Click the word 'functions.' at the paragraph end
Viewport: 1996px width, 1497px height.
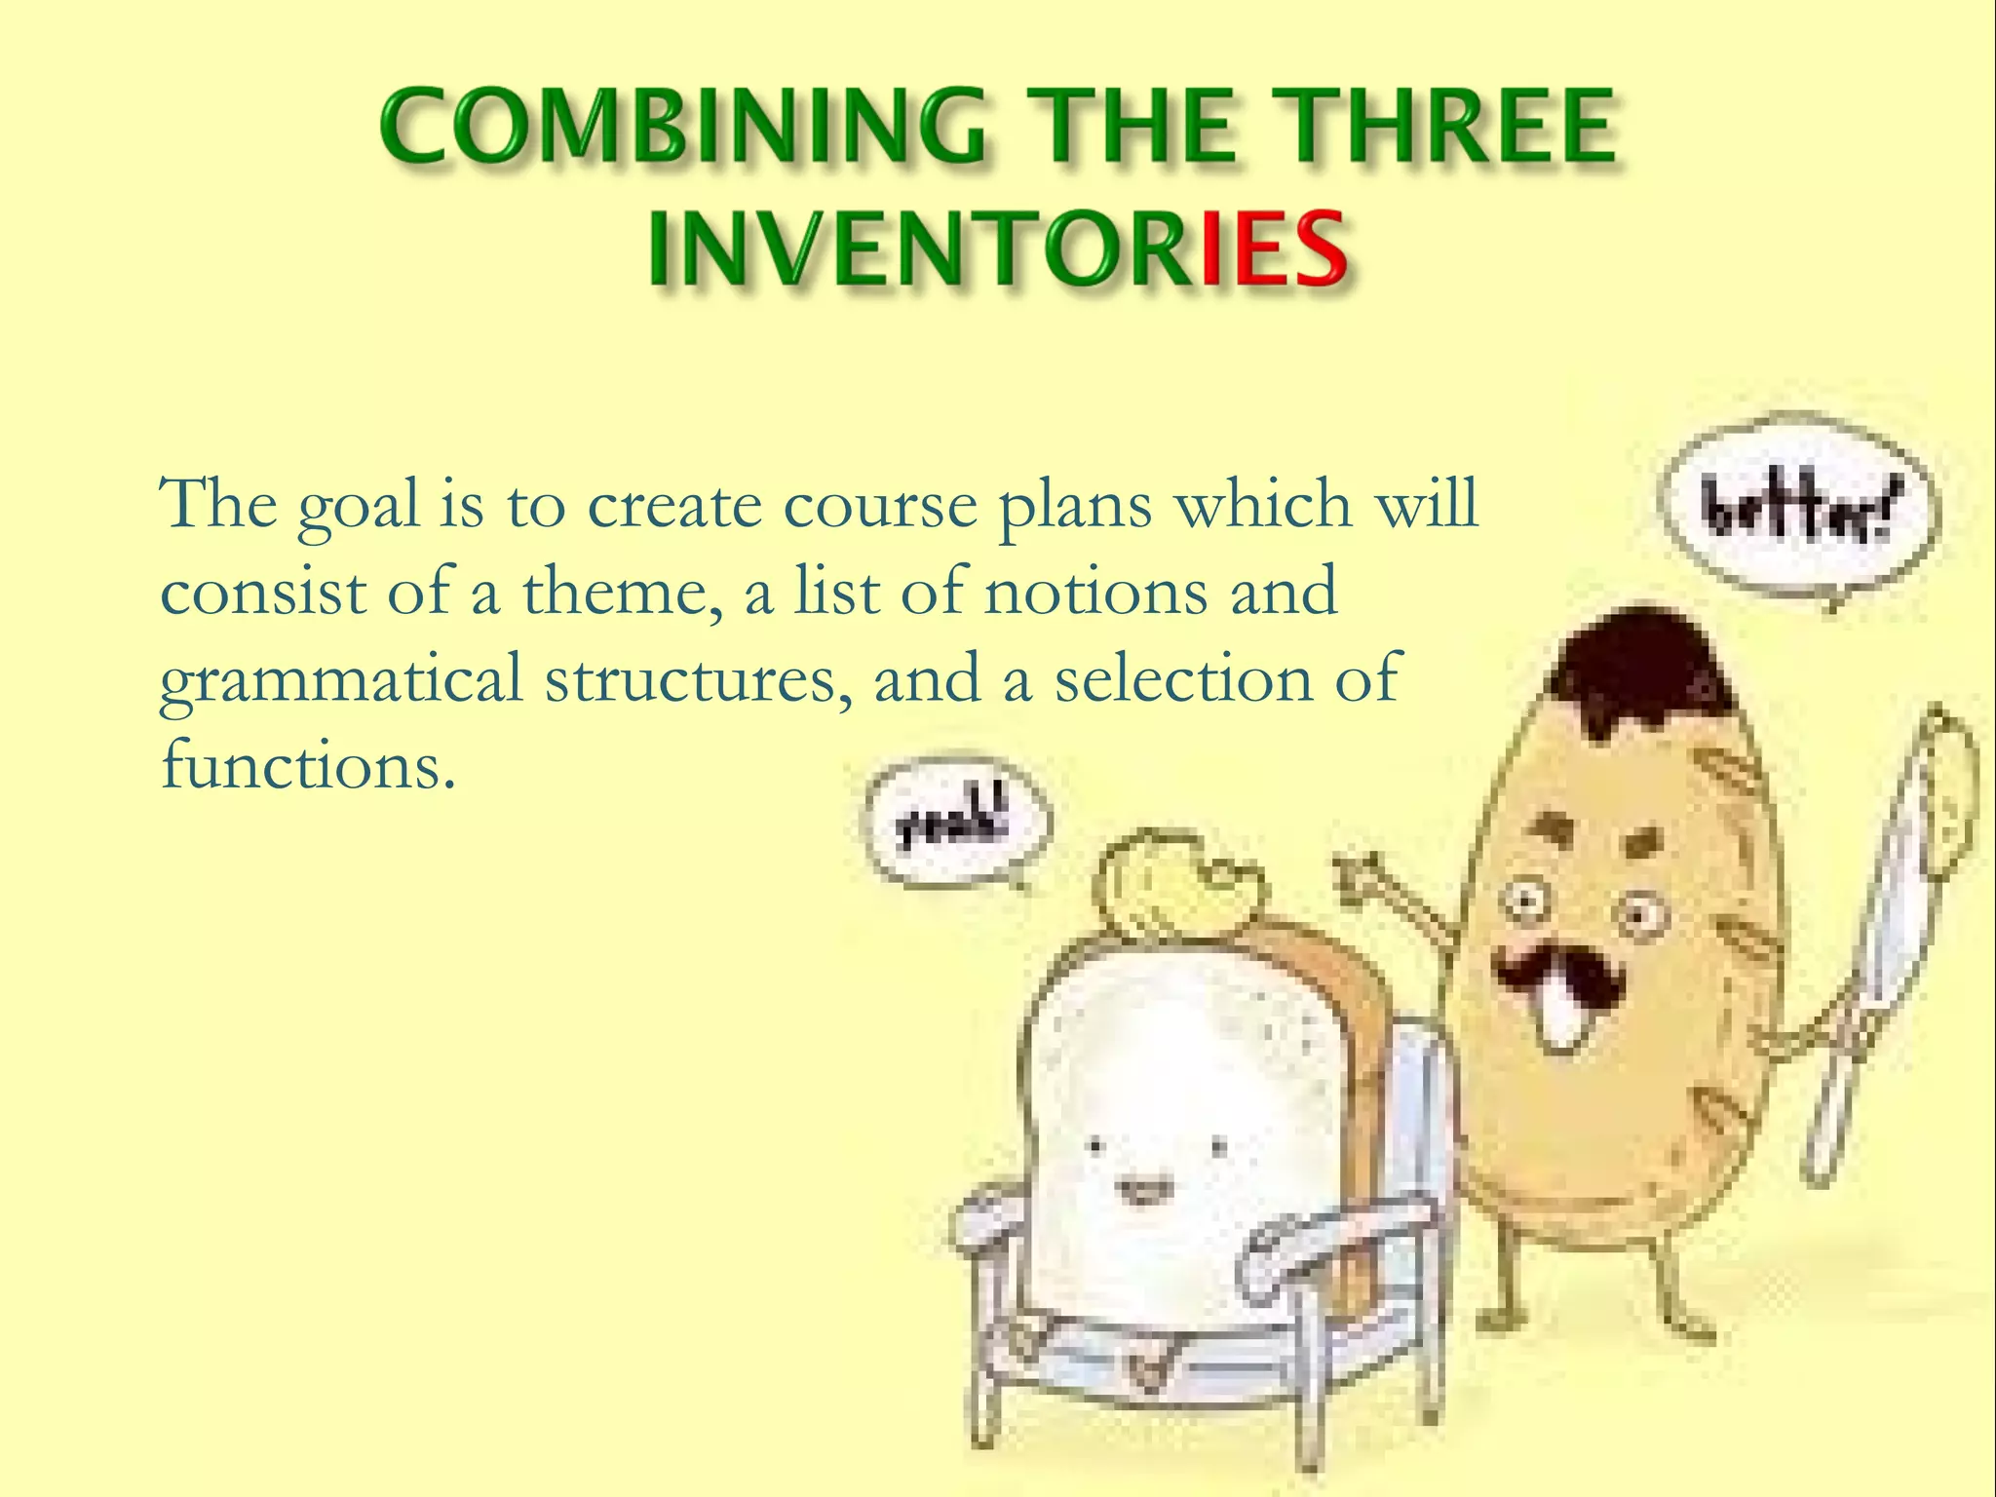click(x=308, y=766)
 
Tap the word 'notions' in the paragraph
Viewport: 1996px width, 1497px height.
click(x=1095, y=593)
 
